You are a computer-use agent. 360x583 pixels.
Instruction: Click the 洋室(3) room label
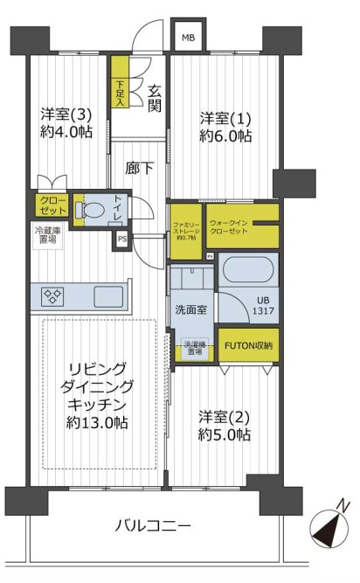click(x=66, y=122)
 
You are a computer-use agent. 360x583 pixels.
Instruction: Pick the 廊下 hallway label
click(x=138, y=168)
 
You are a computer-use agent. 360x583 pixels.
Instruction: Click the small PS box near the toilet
click(x=121, y=239)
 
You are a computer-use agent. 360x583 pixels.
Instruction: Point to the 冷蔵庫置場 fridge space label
click(x=46, y=235)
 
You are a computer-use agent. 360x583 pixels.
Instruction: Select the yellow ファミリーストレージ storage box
click(x=185, y=229)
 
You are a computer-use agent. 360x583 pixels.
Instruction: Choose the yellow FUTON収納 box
click(x=249, y=345)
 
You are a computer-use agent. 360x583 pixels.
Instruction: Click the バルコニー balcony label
click(x=153, y=525)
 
